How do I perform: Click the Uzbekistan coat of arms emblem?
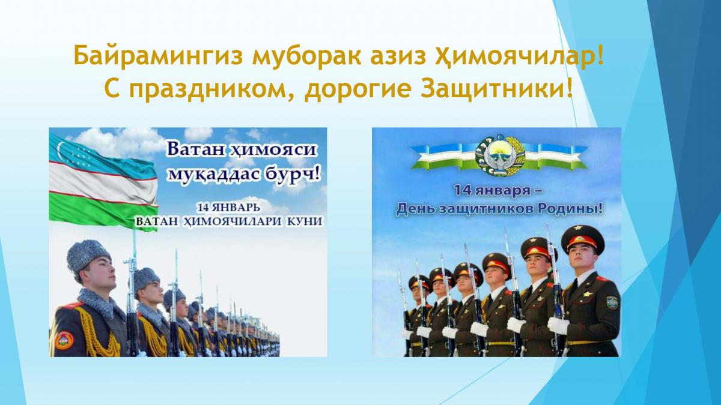[x=500, y=155]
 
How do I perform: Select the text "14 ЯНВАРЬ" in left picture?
[x=228, y=208]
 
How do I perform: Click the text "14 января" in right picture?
[x=492, y=190]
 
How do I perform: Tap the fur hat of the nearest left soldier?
[x=88, y=256]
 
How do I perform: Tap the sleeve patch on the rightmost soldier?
[x=612, y=302]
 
